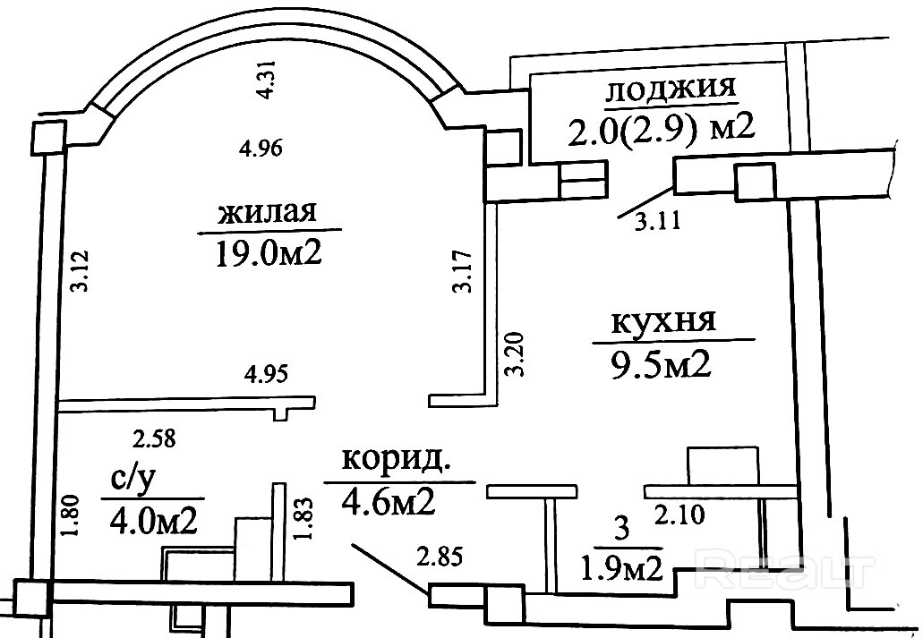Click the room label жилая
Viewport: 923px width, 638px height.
tap(268, 214)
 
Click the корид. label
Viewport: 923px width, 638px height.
tap(394, 462)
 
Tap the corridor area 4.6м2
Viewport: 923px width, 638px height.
tap(388, 502)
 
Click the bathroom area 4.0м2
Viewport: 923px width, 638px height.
tap(153, 519)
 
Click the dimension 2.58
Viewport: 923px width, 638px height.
tap(154, 438)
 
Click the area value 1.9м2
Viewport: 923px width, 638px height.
tap(623, 566)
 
